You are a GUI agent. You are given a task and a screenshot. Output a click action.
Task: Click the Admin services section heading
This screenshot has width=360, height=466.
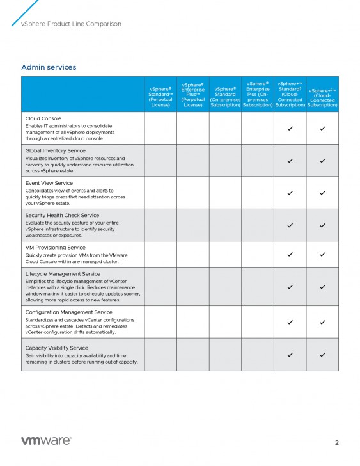(49, 67)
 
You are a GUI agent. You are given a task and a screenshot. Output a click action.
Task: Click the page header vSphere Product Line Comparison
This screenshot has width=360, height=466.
(71, 24)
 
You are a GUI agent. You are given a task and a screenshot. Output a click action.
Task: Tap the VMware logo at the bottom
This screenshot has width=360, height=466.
(46, 441)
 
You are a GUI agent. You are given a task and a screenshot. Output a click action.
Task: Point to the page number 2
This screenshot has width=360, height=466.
(337, 442)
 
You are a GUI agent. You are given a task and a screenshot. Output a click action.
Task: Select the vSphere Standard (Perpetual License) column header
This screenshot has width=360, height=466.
(160, 97)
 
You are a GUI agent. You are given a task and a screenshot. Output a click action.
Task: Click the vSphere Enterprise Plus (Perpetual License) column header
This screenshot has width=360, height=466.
(193, 95)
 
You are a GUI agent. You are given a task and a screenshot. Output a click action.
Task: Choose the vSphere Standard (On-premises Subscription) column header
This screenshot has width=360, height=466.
(225, 97)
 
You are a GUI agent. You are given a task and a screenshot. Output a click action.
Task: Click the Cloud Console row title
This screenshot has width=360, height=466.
(43, 119)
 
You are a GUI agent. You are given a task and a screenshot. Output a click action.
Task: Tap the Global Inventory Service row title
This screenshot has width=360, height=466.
(55, 151)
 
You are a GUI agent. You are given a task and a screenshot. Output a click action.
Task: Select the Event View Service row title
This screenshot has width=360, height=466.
(49, 183)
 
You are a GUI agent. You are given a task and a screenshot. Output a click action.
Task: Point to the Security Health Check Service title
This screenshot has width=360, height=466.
(62, 216)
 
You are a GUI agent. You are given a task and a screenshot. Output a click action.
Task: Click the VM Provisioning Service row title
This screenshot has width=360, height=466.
(55, 248)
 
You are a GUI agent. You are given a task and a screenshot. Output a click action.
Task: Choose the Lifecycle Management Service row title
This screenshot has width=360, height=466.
(63, 274)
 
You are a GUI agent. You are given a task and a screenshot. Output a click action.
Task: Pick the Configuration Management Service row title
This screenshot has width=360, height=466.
(68, 312)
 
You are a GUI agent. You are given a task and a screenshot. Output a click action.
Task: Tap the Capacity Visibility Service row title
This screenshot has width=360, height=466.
(56, 348)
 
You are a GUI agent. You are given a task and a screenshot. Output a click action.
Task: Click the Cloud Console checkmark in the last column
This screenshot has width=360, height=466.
(322, 129)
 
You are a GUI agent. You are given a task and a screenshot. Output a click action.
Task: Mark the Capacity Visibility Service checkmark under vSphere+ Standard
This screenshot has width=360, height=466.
(290, 355)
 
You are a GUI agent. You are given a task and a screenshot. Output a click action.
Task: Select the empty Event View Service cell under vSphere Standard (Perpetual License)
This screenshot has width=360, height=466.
(160, 193)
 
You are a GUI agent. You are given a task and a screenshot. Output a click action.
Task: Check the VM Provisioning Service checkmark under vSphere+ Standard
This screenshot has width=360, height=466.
(290, 255)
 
